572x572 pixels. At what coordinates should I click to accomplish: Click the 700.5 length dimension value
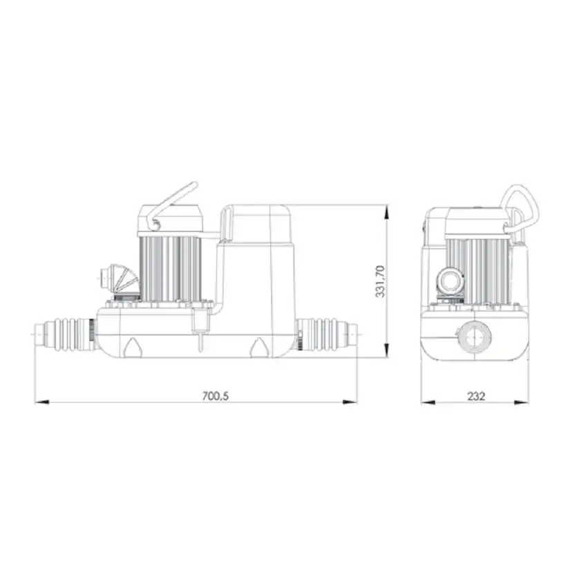(x=216, y=396)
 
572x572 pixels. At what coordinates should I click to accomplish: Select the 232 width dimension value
(x=476, y=396)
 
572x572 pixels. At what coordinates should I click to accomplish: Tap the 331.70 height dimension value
(x=380, y=281)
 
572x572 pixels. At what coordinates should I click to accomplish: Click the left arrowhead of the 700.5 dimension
(x=42, y=402)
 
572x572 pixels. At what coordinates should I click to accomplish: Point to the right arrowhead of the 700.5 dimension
(x=350, y=402)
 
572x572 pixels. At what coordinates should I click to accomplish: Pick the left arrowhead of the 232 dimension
(x=428, y=402)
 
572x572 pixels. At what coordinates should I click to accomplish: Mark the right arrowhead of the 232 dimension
(x=522, y=402)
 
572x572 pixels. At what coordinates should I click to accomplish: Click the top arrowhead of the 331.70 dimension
(x=387, y=212)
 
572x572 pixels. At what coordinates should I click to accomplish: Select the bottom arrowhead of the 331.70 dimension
(x=387, y=350)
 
